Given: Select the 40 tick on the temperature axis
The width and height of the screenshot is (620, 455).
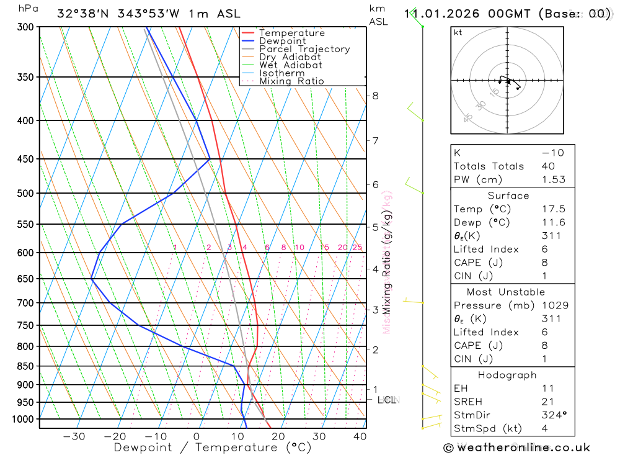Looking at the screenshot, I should (360, 436).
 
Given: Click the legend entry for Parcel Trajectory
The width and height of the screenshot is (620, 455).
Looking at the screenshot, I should (304, 49).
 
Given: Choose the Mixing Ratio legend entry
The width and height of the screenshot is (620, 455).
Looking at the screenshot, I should (291, 81).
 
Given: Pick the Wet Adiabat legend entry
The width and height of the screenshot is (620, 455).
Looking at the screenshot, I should (291, 65).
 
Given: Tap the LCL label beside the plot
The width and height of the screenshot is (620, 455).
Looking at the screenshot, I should (387, 400).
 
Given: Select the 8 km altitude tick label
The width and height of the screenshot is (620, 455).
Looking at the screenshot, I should (376, 96).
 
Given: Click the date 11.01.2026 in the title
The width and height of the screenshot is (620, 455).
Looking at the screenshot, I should (441, 14).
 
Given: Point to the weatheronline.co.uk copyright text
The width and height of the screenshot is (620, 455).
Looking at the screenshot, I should (516, 448).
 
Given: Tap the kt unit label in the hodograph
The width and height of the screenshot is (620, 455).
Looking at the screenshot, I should (458, 32).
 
